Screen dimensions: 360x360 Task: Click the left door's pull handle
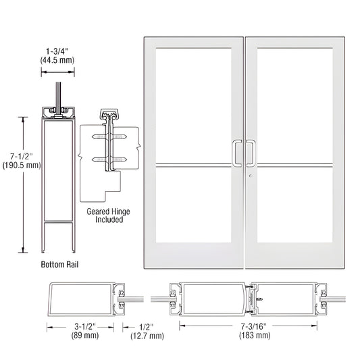pyautogui.click(x=238, y=153)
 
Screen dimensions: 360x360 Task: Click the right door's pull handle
pyautogui.click(x=251, y=153)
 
